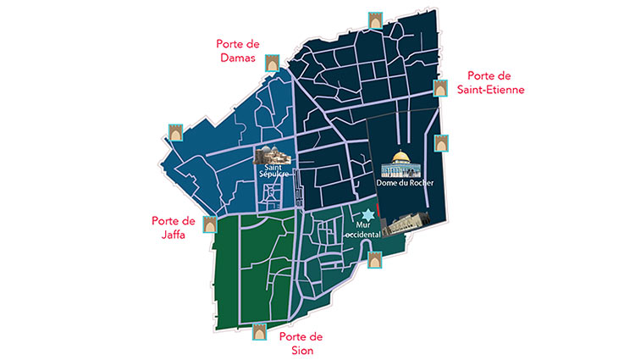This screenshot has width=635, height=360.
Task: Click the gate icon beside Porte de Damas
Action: point(273,63)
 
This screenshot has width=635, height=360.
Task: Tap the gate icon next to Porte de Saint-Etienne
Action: point(441,88)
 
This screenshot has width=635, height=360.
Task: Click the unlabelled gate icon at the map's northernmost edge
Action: point(374,19)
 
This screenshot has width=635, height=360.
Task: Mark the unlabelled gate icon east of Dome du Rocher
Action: point(440,141)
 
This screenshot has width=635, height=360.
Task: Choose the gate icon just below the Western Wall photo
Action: point(374,259)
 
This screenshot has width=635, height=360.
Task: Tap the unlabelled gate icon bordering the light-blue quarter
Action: point(175,132)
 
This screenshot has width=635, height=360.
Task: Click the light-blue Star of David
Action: point(367,217)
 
